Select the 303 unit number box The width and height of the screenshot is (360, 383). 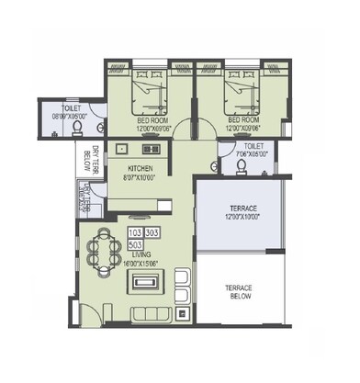(x=152, y=233)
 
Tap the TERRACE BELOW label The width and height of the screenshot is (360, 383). (x=240, y=292)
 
